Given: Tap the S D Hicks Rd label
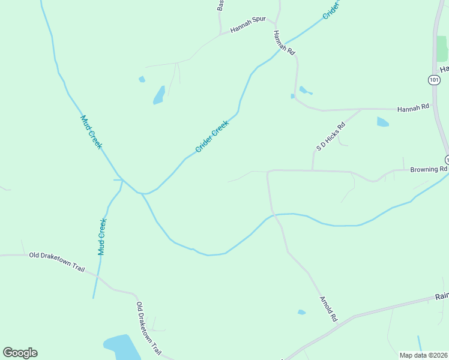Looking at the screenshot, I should click(331, 136).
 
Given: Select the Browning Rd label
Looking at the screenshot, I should click(429, 169).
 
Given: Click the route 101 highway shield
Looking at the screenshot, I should click(434, 79).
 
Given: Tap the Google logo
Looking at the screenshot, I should click(20, 352).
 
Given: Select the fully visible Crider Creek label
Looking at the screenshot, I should click(212, 136).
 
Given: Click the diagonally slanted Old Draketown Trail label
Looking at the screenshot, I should click(148, 326).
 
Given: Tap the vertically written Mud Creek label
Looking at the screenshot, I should click(102, 236).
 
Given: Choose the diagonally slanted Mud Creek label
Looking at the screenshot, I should click(91, 132).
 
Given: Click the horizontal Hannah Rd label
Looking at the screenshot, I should click(414, 107).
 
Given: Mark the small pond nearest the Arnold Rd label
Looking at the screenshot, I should click(301, 312).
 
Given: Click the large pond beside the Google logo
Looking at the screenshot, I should click(122, 347).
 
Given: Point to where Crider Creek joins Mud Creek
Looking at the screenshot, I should click(143, 193).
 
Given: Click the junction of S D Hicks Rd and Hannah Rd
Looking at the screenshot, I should click(360, 109).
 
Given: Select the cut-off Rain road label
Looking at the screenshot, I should click(442, 296).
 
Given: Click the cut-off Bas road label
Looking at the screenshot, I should click(221, 5).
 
